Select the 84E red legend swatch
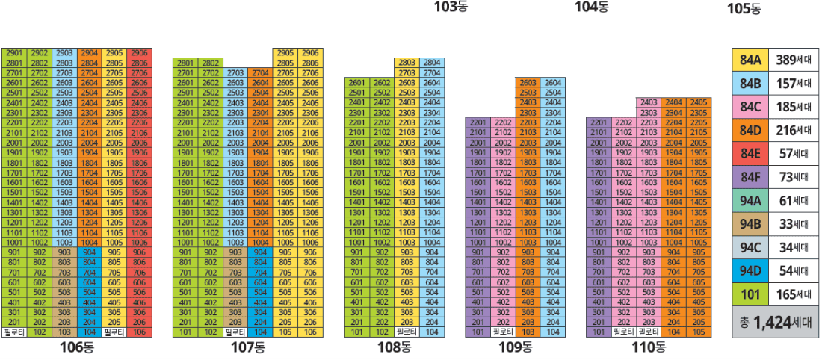click(750, 154)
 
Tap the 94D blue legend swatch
click(750, 270)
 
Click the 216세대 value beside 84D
click(793, 131)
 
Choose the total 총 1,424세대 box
click(775, 323)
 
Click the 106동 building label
click(78, 347)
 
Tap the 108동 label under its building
click(395, 347)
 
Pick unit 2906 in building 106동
click(140, 53)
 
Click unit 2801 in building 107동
click(185, 63)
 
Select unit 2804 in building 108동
click(432, 63)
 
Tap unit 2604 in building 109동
click(553, 82)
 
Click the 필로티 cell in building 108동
click(407, 331)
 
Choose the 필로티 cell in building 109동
click(503, 331)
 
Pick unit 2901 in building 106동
click(14, 53)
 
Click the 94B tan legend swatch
click(750, 223)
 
